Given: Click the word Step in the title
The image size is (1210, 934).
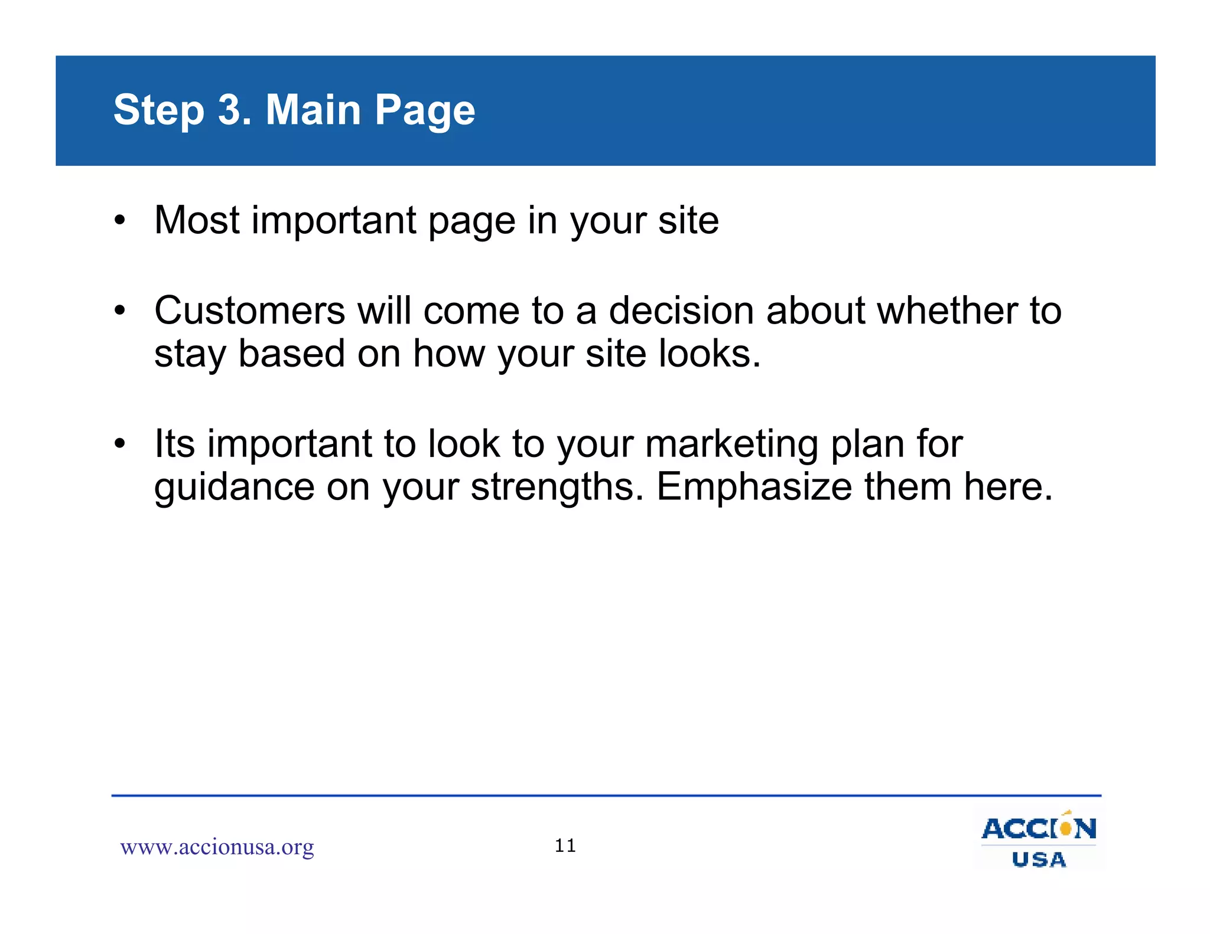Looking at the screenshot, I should click(x=158, y=110).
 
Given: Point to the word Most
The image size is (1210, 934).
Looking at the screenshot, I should click(x=197, y=220).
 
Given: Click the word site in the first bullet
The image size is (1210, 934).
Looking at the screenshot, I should click(x=688, y=220).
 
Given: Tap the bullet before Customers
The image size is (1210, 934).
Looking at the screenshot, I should click(x=120, y=311).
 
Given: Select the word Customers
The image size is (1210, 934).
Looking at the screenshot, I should click(x=249, y=311).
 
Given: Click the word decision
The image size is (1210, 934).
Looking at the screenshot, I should click(x=681, y=311).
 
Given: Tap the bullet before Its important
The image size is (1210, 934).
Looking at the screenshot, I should click(x=120, y=443).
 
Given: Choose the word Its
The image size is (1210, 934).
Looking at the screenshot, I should click(x=174, y=443).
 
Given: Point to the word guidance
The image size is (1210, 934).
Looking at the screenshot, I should click(x=234, y=488).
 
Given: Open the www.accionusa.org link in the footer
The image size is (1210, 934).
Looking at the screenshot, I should click(x=217, y=847).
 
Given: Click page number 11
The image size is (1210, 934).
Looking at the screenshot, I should click(x=565, y=846).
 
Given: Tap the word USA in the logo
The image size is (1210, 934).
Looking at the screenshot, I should click(x=1039, y=860).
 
